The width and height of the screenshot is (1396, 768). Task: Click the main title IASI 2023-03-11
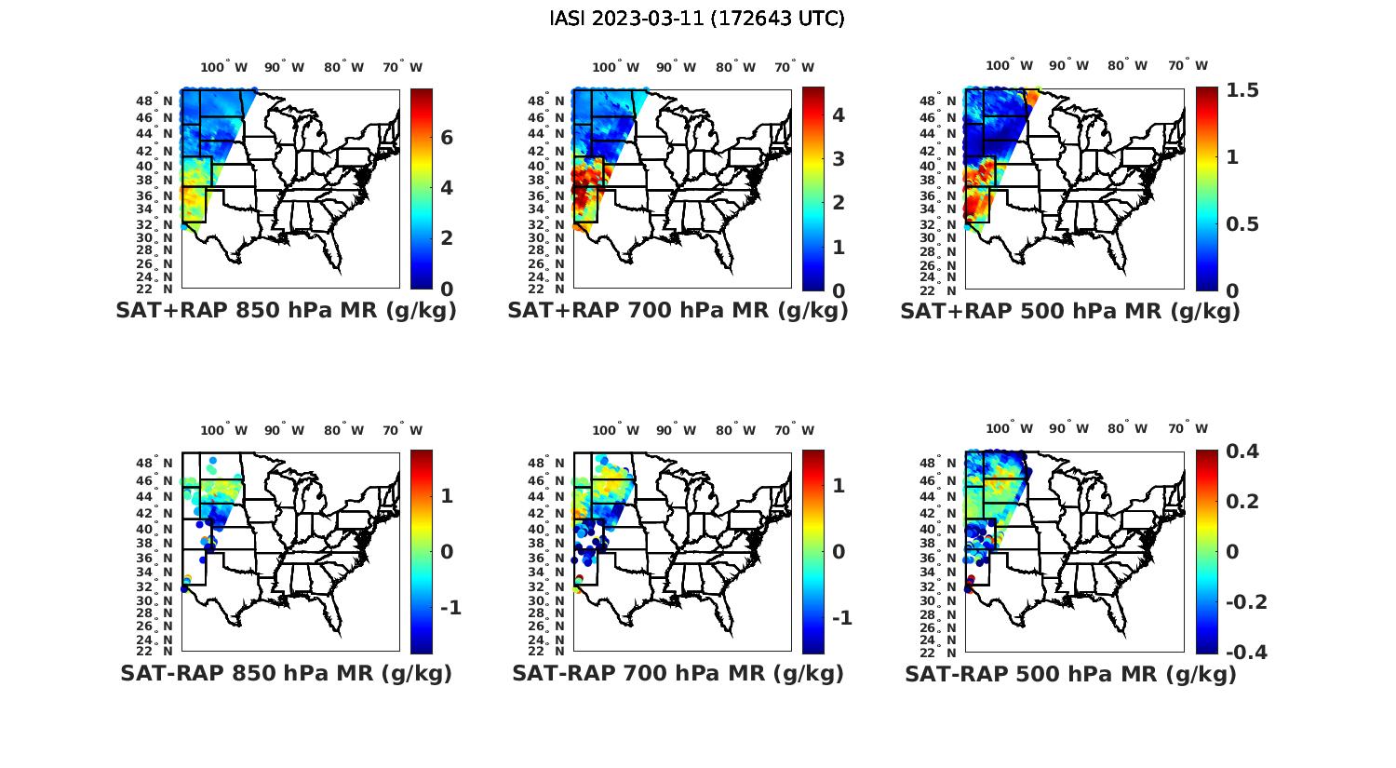(697, 19)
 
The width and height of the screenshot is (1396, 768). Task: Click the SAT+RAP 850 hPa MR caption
(286, 311)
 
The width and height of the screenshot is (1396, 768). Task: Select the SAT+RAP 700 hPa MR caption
(678, 311)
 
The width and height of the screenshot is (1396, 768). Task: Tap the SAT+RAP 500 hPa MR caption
(1070, 311)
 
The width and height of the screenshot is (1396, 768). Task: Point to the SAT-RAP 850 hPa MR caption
(286, 673)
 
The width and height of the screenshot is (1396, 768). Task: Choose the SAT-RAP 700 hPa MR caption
(678, 673)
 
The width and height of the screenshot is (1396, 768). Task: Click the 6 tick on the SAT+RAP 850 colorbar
(447, 138)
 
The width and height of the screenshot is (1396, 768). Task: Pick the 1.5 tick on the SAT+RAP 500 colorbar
(1242, 90)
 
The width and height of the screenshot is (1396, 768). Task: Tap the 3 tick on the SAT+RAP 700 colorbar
(838, 158)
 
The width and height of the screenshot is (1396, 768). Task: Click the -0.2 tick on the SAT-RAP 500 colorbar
(1246, 601)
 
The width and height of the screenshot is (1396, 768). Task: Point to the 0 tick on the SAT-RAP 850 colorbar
(447, 551)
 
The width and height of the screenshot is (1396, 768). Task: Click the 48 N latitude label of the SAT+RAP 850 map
(154, 101)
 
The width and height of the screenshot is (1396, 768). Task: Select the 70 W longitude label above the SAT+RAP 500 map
(1188, 65)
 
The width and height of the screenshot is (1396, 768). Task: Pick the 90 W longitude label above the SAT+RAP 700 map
(676, 67)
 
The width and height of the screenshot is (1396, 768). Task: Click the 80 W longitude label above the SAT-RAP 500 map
(1127, 428)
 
